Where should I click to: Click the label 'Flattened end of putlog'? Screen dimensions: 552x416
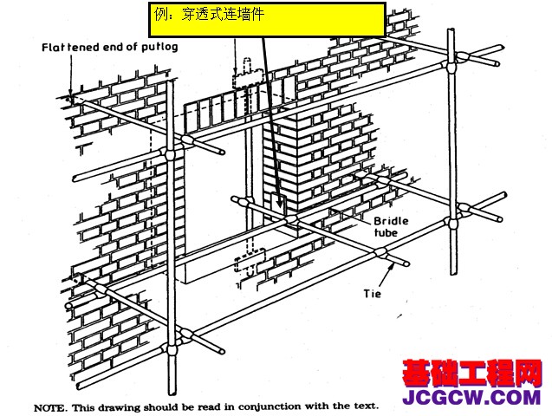[110, 47]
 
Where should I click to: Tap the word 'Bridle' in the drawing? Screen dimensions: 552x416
[391, 221]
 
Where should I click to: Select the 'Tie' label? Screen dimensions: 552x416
[373, 293]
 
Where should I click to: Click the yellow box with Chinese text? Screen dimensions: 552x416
[267, 19]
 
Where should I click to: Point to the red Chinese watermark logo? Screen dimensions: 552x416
[471, 374]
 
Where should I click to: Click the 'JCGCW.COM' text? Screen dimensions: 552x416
[471, 397]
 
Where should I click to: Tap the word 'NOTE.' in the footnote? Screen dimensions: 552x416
[49, 408]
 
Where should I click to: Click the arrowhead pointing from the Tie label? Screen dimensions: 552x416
[391, 266]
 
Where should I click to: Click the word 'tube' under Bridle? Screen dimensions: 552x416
[386, 232]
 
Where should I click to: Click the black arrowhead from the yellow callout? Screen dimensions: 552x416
[280, 204]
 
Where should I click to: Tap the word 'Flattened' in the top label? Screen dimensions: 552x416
[68, 47]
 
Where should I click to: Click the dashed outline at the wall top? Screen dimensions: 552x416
[248, 75]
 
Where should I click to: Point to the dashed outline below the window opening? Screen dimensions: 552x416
[250, 263]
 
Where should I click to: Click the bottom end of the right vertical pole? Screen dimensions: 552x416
[453, 272]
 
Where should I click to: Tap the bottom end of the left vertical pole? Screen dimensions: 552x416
[172, 392]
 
